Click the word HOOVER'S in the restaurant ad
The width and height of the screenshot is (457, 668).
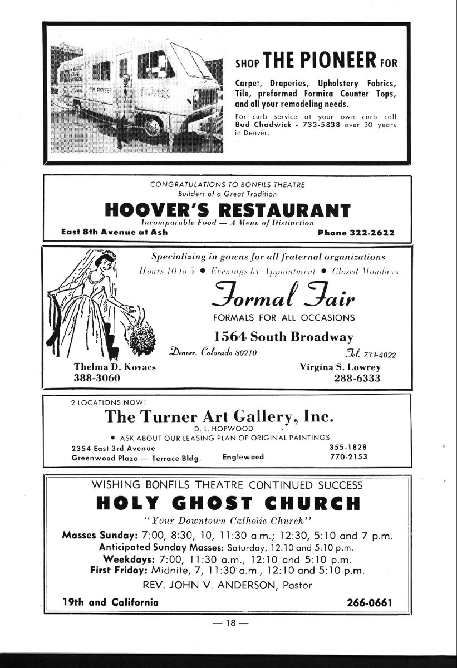(154, 210)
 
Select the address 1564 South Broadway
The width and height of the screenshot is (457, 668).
(283, 337)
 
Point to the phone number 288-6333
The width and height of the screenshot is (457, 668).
(357, 378)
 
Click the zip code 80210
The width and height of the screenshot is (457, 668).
(244, 352)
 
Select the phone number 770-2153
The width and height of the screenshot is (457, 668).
(348, 457)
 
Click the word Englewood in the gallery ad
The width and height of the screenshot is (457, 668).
(243, 457)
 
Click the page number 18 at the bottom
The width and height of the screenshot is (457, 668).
(228, 623)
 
